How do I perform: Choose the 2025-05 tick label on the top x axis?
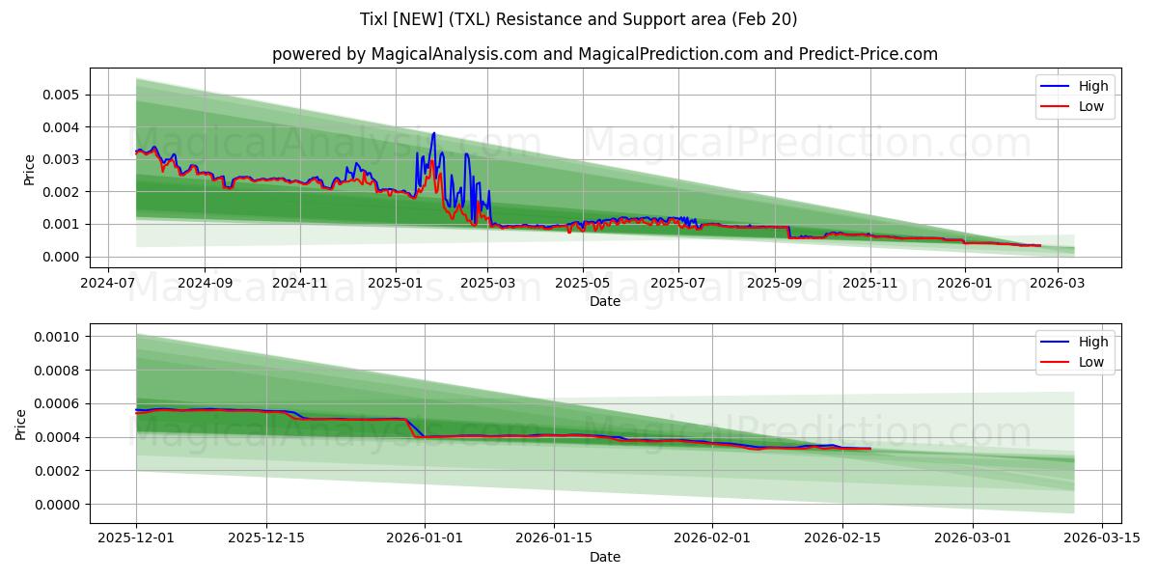coord(583,284)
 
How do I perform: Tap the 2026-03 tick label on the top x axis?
coord(1060,284)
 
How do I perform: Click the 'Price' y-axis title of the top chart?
coord(29,169)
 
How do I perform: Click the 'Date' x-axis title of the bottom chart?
coord(604,557)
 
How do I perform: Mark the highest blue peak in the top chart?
coord(433,133)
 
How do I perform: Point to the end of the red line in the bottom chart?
coord(870,449)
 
